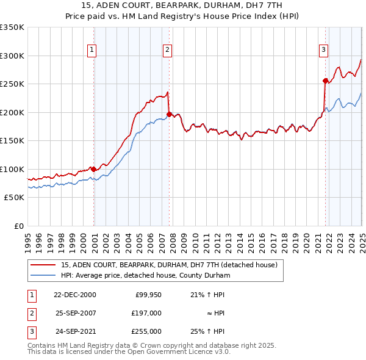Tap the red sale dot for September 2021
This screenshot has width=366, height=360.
tap(325, 80)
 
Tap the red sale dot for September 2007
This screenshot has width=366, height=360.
tap(169, 113)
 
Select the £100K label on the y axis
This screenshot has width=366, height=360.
tap(12, 169)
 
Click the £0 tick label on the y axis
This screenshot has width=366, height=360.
tap(18, 226)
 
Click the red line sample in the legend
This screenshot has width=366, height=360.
tap(43, 265)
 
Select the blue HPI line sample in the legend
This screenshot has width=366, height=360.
tap(43, 275)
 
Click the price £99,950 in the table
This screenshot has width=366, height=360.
tap(148, 295)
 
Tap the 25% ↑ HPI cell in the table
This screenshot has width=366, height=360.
tap(212, 331)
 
